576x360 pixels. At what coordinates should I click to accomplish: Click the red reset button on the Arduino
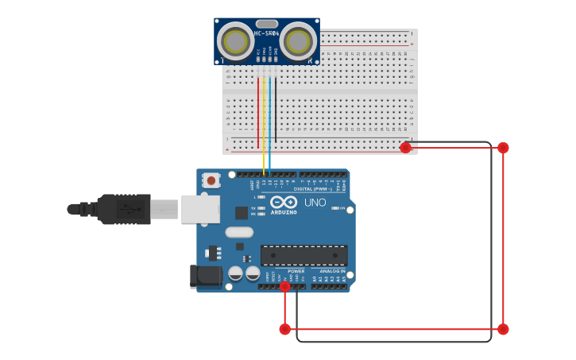(x=211, y=180)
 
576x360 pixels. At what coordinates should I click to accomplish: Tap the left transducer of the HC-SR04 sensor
(x=236, y=41)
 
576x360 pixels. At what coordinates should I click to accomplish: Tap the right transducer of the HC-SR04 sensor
(x=298, y=41)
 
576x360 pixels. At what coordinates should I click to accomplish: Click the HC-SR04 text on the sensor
(x=266, y=33)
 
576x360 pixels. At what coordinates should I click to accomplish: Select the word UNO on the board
(x=315, y=203)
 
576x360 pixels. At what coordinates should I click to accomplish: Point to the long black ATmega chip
(x=304, y=255)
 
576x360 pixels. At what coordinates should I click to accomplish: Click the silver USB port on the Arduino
(x=199, y=209)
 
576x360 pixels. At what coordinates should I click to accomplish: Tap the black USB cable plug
(x=123, y=210)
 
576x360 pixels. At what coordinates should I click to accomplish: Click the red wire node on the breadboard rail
(x=405, y=147)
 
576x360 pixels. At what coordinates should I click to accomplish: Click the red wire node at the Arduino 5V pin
(x=284, y=287)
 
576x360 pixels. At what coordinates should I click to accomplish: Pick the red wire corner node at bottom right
(x=503, y=329)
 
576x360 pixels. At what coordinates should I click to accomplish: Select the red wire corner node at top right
(x=503, y=147)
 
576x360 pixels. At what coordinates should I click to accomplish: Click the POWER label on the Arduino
(x=296, y=271)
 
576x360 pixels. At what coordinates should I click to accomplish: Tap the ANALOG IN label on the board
(x=333, y=271)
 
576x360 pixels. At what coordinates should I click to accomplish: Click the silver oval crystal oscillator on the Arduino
(x=239, y=233)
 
